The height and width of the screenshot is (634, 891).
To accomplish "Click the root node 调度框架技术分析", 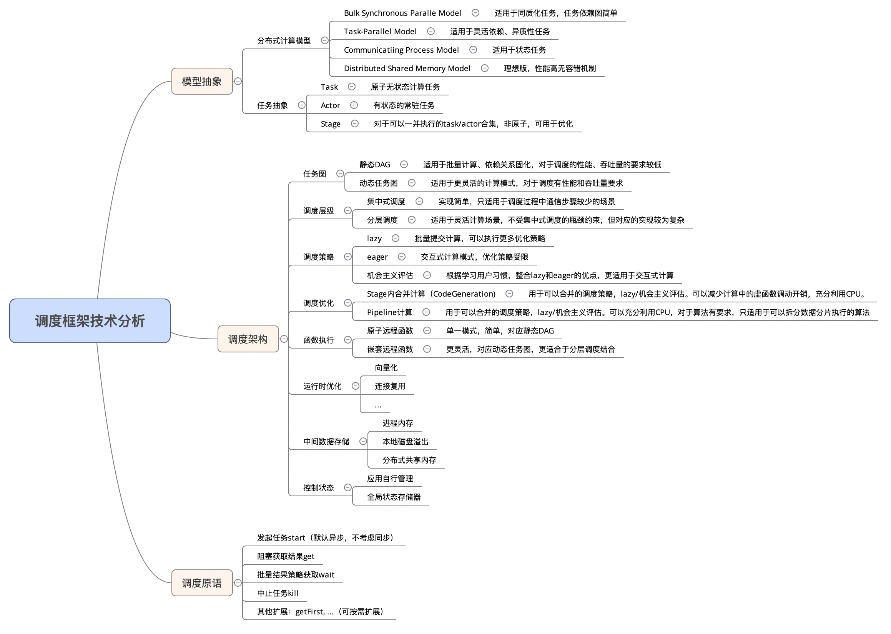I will [x=90, y=321].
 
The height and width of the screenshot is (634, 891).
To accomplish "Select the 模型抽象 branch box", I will [x=202, y=81].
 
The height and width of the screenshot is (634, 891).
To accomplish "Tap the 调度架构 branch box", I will [x=248, y=339].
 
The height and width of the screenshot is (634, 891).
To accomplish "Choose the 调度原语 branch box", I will [x=202, y=583].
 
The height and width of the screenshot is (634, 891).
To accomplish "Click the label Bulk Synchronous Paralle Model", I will [x=402, y=13].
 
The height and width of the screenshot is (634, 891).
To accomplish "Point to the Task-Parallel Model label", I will [x=380, y=31].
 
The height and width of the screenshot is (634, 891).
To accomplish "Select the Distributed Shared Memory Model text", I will [x=407, y=68].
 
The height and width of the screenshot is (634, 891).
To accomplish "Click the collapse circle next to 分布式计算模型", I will [x=324, y=40].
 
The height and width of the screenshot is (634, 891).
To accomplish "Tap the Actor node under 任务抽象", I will [x=330, y=105].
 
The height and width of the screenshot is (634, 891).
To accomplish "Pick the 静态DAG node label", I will [x=374, y=165].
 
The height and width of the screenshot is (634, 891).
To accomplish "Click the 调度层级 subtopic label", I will [x=318, y=211].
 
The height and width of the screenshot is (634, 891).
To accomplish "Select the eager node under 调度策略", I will [x=377, y=257].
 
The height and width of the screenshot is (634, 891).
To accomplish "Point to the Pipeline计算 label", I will [x=389, y=312].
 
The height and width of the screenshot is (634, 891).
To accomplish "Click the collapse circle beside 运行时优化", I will [x=356, y=386].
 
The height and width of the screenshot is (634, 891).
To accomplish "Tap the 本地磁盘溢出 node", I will [x=405, y=442].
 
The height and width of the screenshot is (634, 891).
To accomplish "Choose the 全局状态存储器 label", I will [x=394, y=497].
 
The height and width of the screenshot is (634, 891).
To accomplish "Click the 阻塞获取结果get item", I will [x=286, y=556].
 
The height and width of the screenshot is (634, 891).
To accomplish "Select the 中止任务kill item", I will [x=278, y=593].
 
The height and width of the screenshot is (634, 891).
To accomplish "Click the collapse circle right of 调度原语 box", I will [x=238, y=583].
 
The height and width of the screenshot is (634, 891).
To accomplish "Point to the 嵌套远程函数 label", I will [x=390, y=349].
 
